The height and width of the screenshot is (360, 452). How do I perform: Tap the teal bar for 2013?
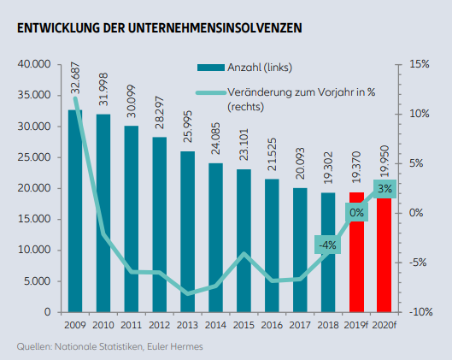[x=188, y=232]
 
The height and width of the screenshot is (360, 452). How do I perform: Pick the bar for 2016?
[x=272, y=245]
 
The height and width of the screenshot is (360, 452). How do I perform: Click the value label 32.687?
[x=75, y=78]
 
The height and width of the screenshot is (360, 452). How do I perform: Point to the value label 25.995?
[x=188, y=127]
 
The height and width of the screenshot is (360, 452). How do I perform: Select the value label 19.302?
[x=328, y=168]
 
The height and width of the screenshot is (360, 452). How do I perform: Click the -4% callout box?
[x=328, y=245]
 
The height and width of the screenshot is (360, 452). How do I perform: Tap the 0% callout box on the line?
[x=356, y=213]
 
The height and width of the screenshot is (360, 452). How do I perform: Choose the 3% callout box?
[x=384, y=189]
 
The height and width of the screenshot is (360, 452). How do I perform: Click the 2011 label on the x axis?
[x=132, y=326]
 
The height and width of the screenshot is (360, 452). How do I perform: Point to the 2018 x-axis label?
[x=328, y=326]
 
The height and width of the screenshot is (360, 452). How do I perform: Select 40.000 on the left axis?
[x=34, y=64]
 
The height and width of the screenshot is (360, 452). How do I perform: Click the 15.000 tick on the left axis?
[x=34, y=219]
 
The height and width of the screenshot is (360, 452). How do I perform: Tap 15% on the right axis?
[x=420, y=64]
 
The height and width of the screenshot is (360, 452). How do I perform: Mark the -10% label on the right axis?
[x=421, y=312]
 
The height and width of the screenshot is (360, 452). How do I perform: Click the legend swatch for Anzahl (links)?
[x=211, y=68]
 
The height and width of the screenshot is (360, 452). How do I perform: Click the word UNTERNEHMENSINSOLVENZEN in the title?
[x=214, y=28]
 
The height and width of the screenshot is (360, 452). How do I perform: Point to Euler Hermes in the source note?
[x=175, y=346]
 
